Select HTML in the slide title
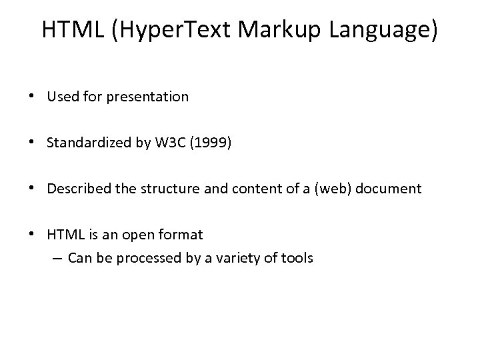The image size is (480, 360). (69, 30)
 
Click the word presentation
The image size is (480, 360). (153, 97)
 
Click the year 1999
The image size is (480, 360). (213, 143)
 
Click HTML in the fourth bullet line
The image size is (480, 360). (65, 235)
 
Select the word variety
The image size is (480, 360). (245, 257)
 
